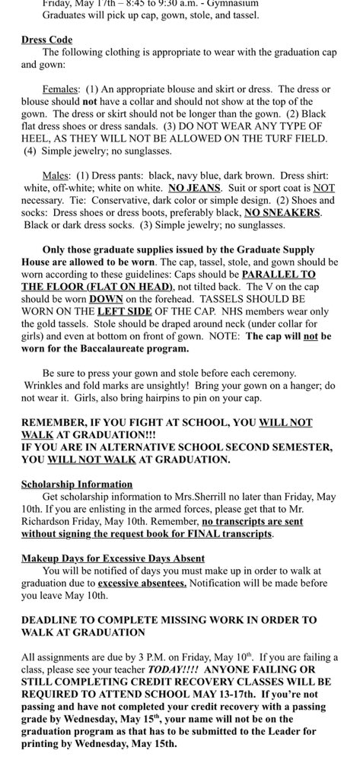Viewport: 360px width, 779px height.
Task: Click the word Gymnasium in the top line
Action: pyautogui.click(x=228, y=3)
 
